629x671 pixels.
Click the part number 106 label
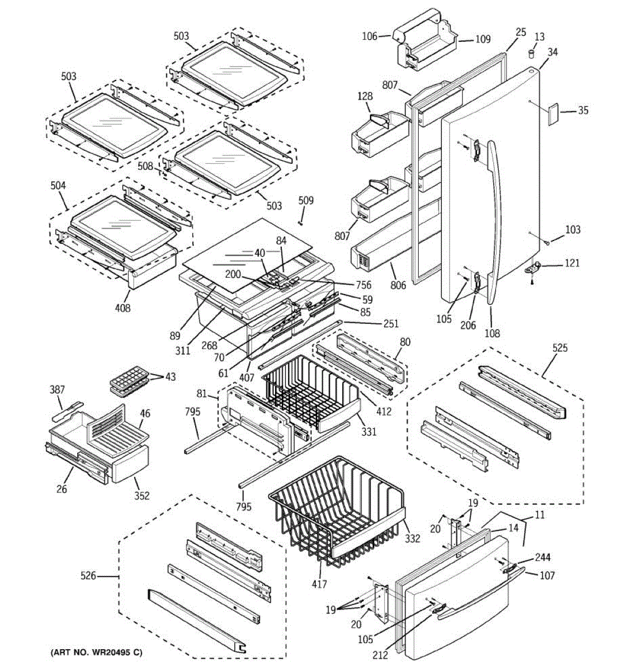pyautogui.click(x=369, y=37)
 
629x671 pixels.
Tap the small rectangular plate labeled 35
pyautogui.click(x=554, y=115)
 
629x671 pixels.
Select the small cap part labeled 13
pyautogui.click(x=532, y=53)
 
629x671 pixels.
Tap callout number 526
pyautogui.click(x=88, y=575)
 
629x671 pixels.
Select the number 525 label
pyautogui.click(x=560, y=348)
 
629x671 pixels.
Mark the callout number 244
pyautogui.click(x=542, y=557)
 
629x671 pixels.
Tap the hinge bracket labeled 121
pyautogui.click(x=536, y=268)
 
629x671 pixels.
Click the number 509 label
pyautogui.click(x=306, y=200)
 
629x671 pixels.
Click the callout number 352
pyautogui.click(x=142, y=495)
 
